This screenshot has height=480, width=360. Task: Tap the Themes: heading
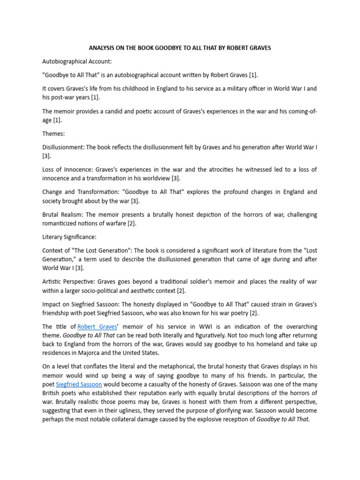[54, 134]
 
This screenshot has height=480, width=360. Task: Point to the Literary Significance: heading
[69, 237]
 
